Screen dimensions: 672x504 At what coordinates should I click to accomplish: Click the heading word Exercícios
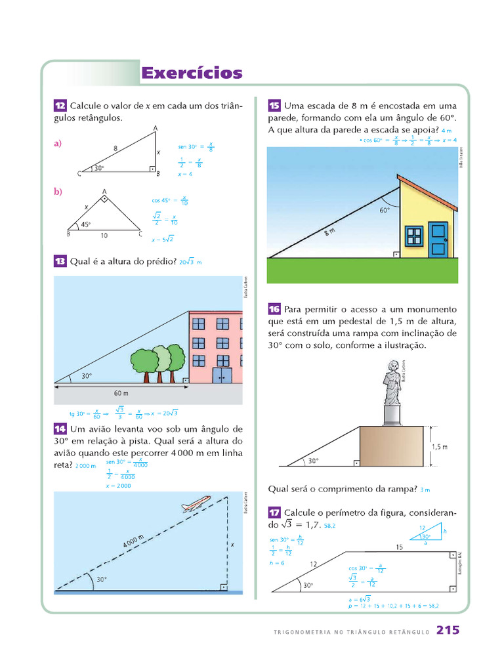tap(192, 73)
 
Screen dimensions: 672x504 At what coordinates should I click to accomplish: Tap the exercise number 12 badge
tap(60, 106)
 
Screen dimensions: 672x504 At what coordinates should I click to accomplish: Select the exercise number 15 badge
tap(274, 106)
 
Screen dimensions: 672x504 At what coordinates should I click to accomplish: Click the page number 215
tap(448, 631)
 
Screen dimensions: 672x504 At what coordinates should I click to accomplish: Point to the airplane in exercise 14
tap(196, 505)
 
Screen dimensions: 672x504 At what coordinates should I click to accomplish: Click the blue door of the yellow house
tap(437, 239)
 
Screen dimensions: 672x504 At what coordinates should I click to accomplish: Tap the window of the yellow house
tap(413, 236)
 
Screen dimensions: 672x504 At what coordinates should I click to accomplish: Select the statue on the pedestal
tap(392, 383)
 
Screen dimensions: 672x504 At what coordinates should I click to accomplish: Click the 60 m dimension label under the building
tap(121, 393)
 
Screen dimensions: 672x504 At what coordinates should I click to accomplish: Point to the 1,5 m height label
tap(440, 447)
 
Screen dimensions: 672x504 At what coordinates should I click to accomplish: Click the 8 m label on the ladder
tap(329, 233)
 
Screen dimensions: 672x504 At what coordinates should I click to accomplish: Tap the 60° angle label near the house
tap(385, 211)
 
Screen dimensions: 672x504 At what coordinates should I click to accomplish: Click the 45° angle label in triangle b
tap(85, 224)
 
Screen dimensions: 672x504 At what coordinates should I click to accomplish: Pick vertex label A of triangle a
tap(155, 128)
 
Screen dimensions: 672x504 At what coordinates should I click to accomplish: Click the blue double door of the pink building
tap(222, 375)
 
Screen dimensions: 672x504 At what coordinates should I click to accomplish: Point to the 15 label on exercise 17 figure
tap(399, 546)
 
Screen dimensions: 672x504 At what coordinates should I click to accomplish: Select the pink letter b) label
tap(58, 191)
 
